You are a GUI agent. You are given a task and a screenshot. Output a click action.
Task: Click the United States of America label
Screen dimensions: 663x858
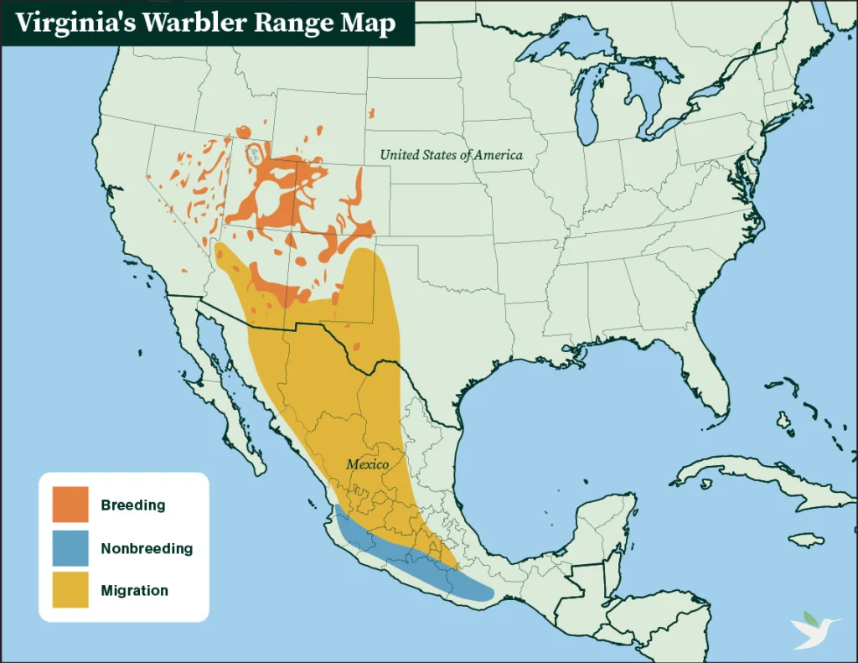[451, 155]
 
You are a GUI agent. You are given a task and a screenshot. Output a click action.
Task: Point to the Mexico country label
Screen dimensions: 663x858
[368, 464]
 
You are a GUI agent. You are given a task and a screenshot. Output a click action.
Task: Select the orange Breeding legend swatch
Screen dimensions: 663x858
[70, 505]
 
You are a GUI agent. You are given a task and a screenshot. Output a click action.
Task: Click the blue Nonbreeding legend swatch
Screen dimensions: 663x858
[70, 548]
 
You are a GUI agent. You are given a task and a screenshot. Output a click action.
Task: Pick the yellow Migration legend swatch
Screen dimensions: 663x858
[70, 590]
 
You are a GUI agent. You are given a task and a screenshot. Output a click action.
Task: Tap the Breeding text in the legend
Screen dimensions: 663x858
[132, 505]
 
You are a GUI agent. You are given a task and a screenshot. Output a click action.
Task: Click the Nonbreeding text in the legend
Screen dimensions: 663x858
[147, 549]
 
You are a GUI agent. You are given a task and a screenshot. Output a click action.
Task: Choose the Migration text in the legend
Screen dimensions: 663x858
[134, 591]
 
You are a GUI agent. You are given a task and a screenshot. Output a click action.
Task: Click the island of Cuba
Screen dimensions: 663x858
[737, 477]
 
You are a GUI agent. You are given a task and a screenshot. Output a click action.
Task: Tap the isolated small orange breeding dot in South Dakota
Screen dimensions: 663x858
[371, 112]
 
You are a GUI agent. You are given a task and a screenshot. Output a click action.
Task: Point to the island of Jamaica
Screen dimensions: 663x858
[806, 540]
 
